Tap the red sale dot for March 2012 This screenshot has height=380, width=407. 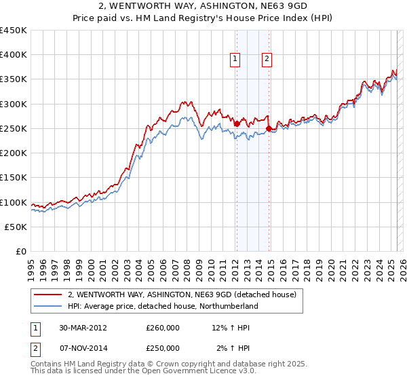(x=237, y=123)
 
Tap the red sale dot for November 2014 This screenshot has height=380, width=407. (x=269, y=128)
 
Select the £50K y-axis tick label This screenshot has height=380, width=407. (x=16, y=227)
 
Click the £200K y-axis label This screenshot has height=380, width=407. (x=14, y=153)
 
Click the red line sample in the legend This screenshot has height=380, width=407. (x=49, y=295)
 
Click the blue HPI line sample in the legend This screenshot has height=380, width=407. (x=49, y=306)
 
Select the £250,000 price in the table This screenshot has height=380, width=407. (x=163, y=348)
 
